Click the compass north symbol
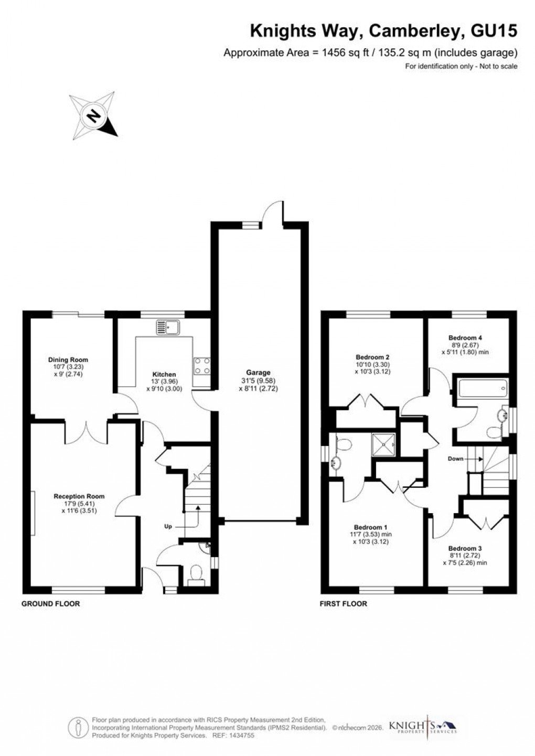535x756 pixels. coord(93,115)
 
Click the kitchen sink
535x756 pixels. coord(168,327)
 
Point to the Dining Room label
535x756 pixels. coord(68,360)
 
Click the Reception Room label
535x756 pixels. coord(79,496)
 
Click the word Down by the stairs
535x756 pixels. coord(456,459)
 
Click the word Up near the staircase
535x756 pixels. coord(168,526)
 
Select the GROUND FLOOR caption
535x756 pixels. coord(50,604)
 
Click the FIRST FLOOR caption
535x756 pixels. coord(344,604)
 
